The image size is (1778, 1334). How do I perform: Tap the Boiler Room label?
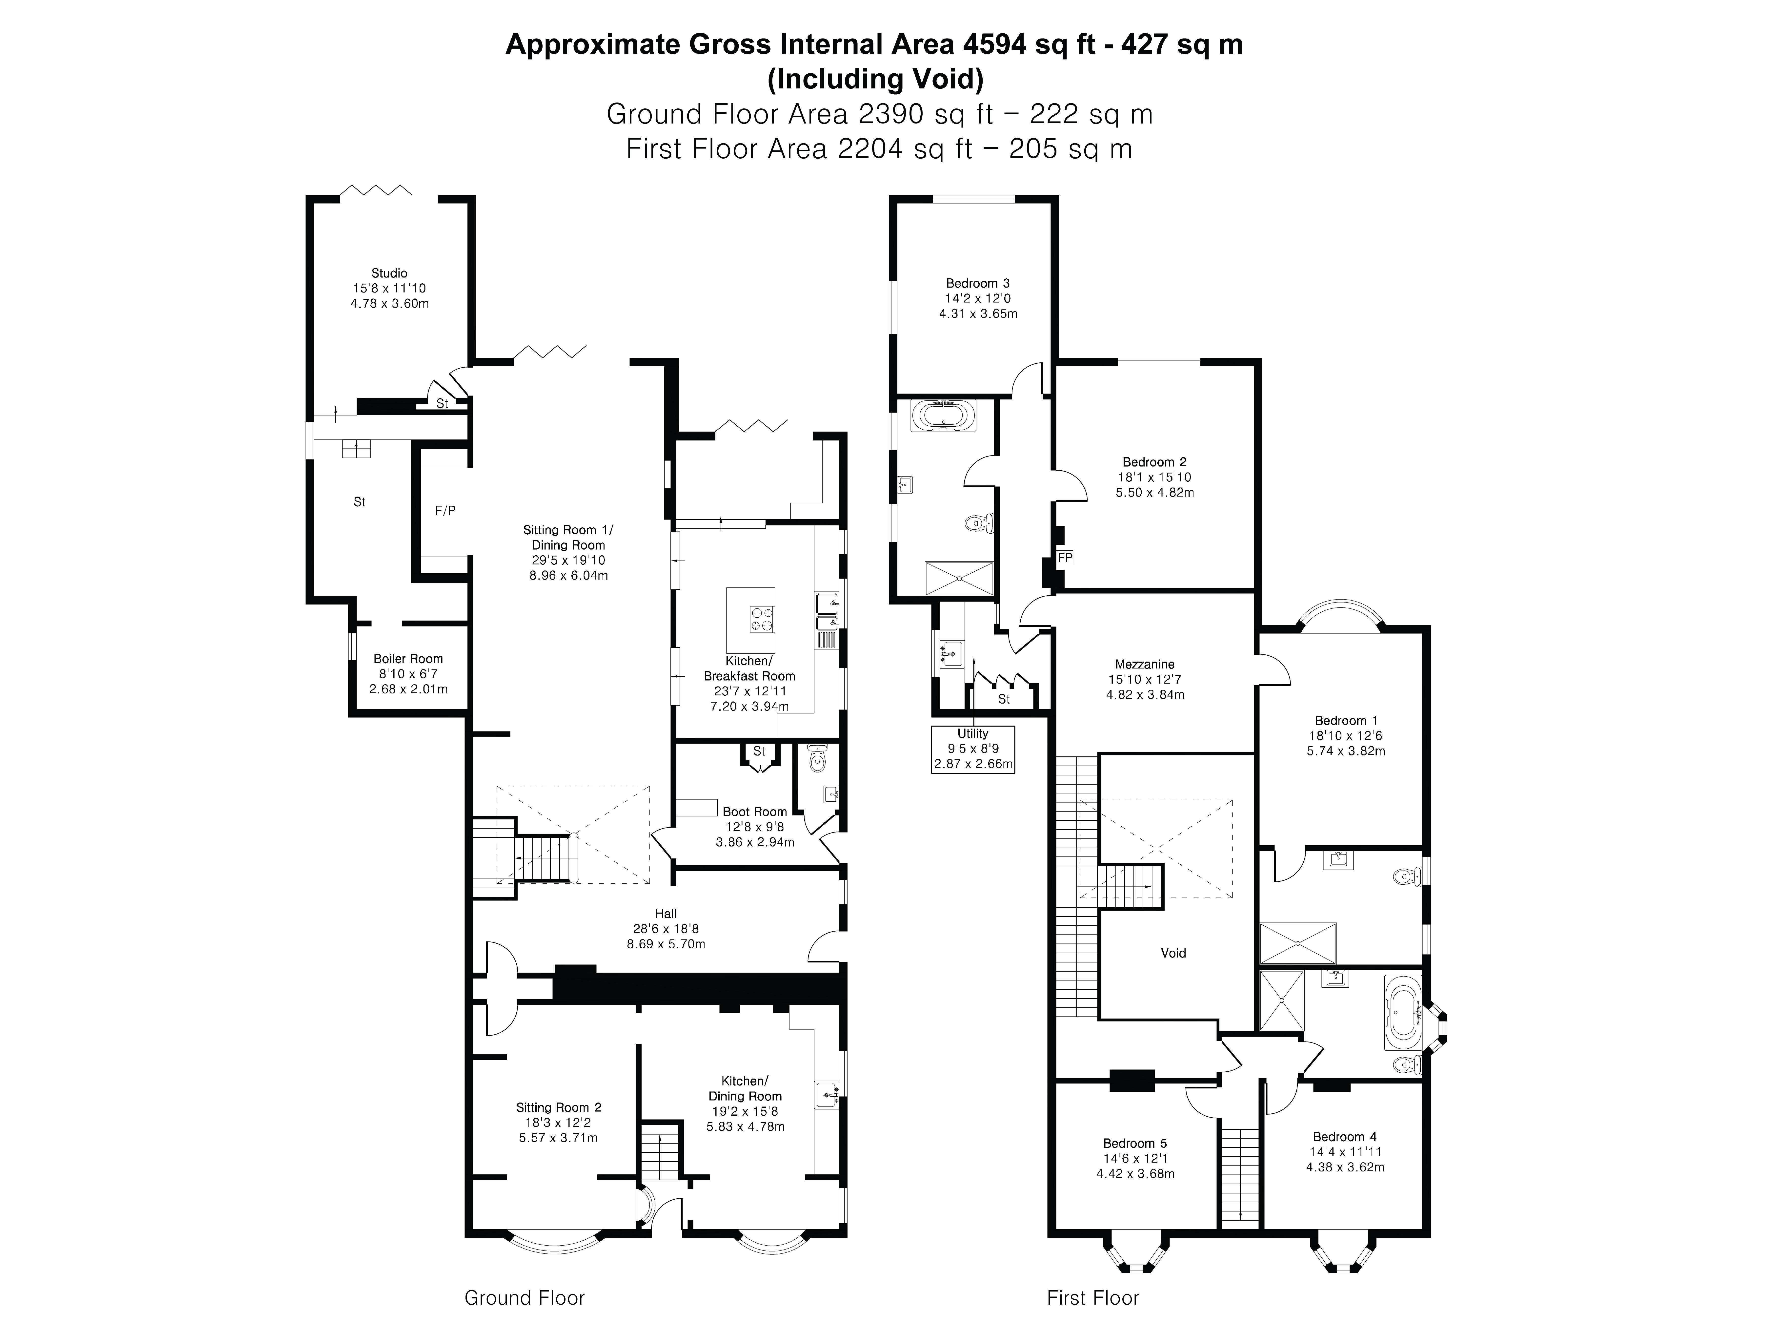pyautogui.click(x=408, y=659)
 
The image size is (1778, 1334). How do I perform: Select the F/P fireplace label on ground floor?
pyautogui.click(x=445, y=511)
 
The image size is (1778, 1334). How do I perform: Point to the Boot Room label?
pyautogui.click(x=755, y=812)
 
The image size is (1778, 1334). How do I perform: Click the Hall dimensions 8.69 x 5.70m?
pyautogui.click(x=666, y=944)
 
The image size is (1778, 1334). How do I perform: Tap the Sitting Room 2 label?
pyautogui.click(x=559, y=1107)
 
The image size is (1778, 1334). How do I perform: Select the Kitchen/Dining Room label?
pyautogui.click(x=745, y=1089)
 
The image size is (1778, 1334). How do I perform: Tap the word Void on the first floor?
pyautogui.click(x=1173, y=953)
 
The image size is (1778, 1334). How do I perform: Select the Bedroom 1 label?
pyautogui.click(x=1346, y=720)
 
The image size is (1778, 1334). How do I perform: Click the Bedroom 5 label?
pyautogui.click(x=1135, y=1144)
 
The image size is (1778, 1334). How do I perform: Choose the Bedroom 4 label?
pyautogui.click(x=1345, y=1137)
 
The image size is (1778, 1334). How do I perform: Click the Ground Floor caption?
pyautogui.click(x=525, y=1298)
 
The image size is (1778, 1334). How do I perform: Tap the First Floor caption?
pyautogui.click(x=1093, y=1298)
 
